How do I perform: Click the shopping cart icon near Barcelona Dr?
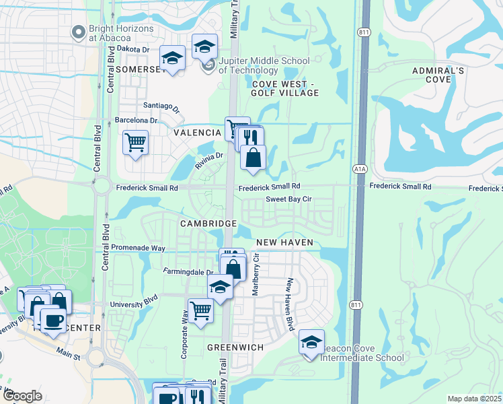(x=136, y=142)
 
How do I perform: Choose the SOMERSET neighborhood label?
(x=139, y=69)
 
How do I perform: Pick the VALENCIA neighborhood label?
(x=197, y=133)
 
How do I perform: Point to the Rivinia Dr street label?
(x=208, y=160)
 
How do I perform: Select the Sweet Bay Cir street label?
(x=288, y=199)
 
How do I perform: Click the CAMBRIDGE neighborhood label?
(x=208, y=223)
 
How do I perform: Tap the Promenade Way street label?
(x=138, y=248)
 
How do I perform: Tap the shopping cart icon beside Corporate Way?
(x=200, y=310)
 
